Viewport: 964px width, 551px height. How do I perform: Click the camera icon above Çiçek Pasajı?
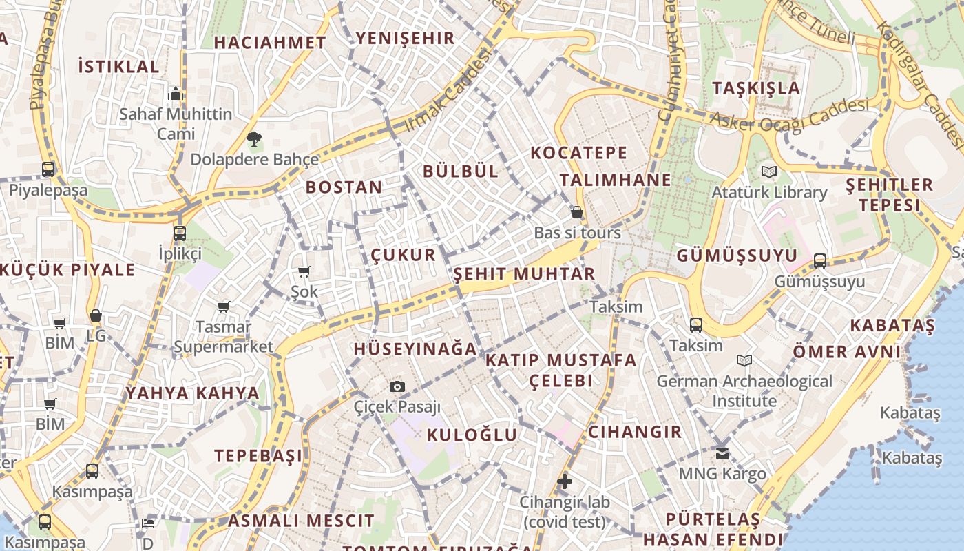click(x=397, y=387)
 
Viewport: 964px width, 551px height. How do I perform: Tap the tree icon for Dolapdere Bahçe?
click(x=254, y=140)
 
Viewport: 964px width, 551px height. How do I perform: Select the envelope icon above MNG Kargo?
click(x=722, y=453)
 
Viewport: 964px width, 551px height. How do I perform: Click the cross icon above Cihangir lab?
click(x=565, y=481)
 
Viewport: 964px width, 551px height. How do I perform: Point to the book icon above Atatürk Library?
click(x=768, y=171)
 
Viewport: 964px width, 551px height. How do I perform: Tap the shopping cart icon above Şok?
click(x=304, y=272)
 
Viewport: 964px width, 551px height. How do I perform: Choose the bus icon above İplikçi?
click(x=180, y=233)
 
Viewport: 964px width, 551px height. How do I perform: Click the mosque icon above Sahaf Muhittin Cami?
click(x=176, y=94)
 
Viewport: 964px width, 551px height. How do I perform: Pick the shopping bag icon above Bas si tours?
click(x=577, y=213)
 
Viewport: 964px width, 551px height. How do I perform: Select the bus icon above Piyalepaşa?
click(x=48, y=169)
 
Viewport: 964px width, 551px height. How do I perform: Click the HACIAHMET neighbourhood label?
click(x=270, y=42)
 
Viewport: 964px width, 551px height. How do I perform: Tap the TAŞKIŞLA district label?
click(x=756, y=88)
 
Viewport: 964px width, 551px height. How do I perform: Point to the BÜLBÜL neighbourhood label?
click(x=461, y=171)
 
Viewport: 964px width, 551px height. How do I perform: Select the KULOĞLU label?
click(x=472, y=435)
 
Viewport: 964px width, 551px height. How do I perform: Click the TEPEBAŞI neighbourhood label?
click(x=258, y=456)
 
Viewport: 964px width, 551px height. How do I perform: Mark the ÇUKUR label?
click(x=404, y=255)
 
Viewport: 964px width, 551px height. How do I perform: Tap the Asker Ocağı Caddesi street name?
click(x=789, y=116)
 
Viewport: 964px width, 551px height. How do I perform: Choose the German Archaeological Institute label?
click(x=744, y=391)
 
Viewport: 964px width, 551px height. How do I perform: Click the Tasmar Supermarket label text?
click(x=223, y=337)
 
